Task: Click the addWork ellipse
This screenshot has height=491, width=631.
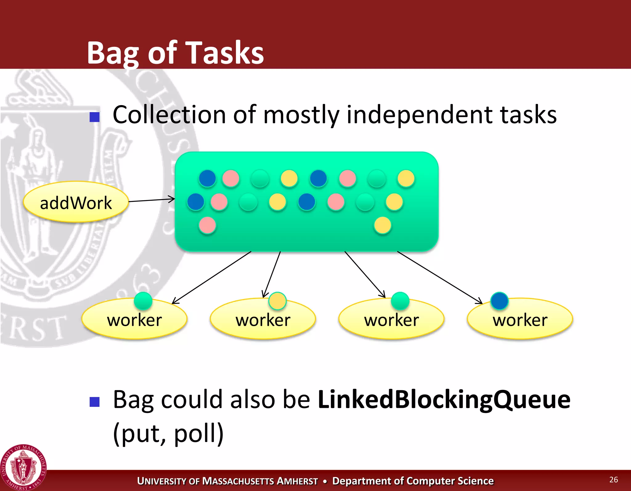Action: click(x=76, y=202)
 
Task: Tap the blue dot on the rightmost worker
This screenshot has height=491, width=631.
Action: click(x=499, y=301)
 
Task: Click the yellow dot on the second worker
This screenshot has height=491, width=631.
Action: click(x=277, y=301)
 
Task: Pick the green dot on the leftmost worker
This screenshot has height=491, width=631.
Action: click(x=143, y=301)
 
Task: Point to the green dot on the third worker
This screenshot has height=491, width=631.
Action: click(x=400, y=301)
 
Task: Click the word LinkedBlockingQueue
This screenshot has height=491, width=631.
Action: click(x=444, y=399)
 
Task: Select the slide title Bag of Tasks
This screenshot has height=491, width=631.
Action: click(x=175, y=53)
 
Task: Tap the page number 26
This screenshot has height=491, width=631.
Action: click(x=613, y=480)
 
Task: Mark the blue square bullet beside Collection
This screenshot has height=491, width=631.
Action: click(x=94, y=117)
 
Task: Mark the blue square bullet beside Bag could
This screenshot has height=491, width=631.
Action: click(x=94, y=402)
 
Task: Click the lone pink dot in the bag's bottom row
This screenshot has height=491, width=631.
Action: click(x=207, y=225)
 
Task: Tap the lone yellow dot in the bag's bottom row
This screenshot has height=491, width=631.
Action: click(x=382, y=225)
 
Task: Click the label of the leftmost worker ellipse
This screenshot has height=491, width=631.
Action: click(x=134, y=320)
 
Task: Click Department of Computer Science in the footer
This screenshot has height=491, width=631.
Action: click(x=413, y=481)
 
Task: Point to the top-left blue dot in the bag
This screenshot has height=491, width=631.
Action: click(x=207, y=178)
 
